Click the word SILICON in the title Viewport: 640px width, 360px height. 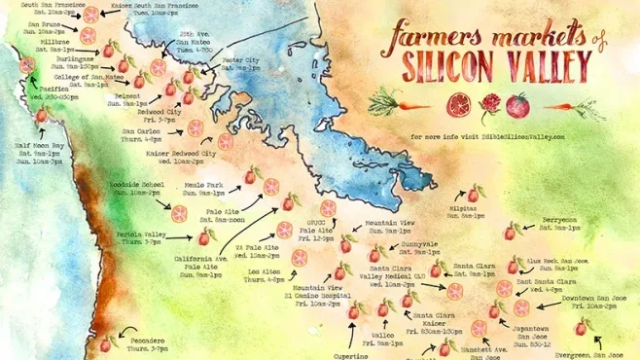[444, 67]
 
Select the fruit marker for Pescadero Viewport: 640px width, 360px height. [107, 339]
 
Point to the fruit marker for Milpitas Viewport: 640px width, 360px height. [473, 193]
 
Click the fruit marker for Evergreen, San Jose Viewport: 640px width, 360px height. [582, 328]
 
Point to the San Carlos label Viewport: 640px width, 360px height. [141, 135]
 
